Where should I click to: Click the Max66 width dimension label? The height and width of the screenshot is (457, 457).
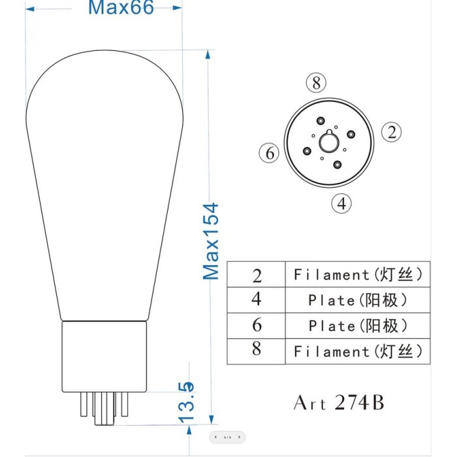(121, 7)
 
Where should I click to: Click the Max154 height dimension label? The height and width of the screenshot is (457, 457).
(211, 242)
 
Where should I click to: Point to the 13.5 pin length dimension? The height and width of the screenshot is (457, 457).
(186, 402)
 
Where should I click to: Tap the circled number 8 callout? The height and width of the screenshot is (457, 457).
(316, 82)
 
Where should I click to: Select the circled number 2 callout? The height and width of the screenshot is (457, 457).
(392, 132)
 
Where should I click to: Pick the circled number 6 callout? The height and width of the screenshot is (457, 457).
(269, 153)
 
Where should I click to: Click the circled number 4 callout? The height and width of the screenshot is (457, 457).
(341, 203)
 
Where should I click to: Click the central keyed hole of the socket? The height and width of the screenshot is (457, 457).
(329, 142)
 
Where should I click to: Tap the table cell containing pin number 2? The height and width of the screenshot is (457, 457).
(256, 274)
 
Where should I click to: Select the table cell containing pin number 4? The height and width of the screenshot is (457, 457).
(256, 300)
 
